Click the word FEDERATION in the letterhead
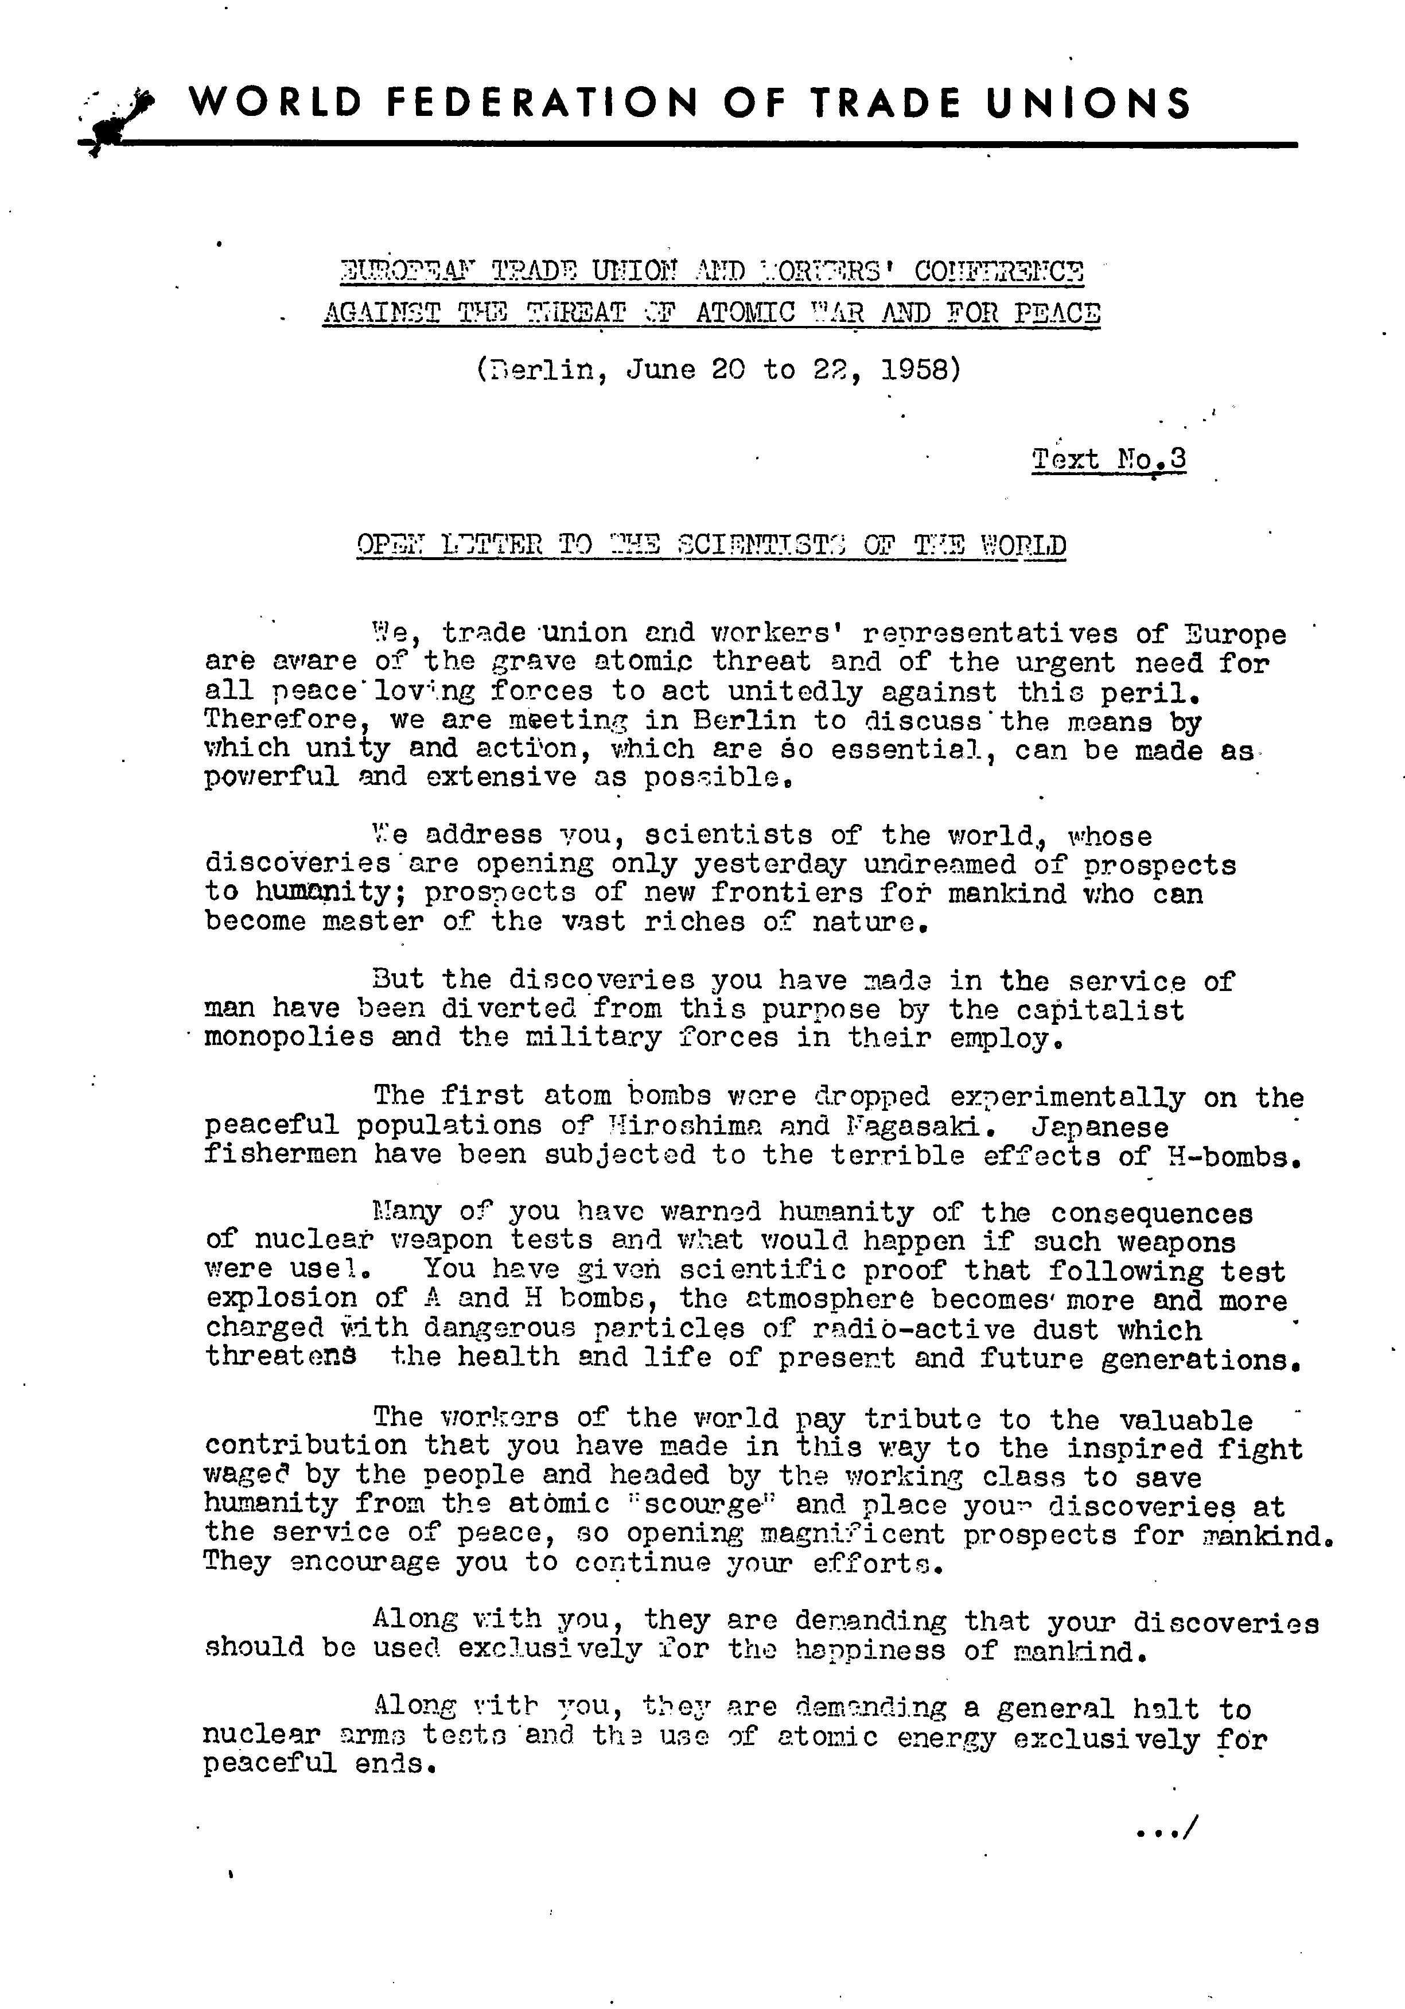click(542, 103)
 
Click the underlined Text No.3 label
click(1108, 458)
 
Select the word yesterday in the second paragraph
click(770, 865)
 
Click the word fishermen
click(280, 1155)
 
